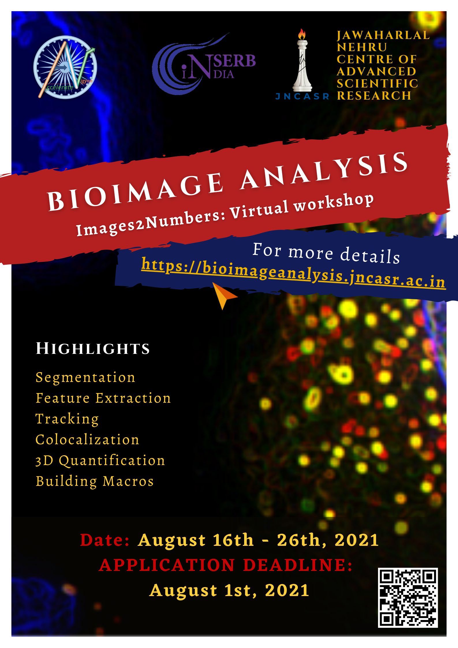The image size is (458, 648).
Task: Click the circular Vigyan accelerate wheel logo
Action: (x=65, y=68)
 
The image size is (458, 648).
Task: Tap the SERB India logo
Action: (x=204, y=64)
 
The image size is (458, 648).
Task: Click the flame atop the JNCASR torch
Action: (x=302, y=34)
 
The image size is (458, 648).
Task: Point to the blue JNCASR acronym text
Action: (x=302, y=96)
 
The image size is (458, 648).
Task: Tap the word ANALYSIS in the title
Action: (x=324, y=170)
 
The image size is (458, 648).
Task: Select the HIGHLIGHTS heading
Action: (x=93, y=348)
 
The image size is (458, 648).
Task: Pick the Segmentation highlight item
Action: (x=85, y=378)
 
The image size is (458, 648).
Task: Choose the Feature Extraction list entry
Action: (x=103, y=398)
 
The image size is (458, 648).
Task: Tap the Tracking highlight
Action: (x=67, y=419)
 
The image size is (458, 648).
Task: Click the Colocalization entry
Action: (x=87, y=440)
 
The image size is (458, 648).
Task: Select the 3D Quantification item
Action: (x=100, y=461)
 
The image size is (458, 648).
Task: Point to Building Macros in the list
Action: (x=95, y=481)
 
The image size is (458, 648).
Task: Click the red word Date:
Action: (x=105, y=540)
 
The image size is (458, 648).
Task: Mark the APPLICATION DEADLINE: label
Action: (x=226, y=565)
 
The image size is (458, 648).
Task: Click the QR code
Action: (x=408, y=598)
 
